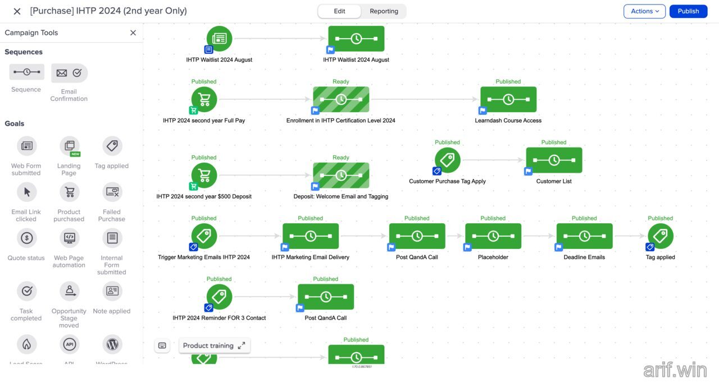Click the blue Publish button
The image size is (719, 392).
(688, 11)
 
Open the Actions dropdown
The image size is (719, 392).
(644, 11)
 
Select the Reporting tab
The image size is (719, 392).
(384, 11)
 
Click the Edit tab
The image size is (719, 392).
(339, 11)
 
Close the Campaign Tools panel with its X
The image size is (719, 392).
(133, 33)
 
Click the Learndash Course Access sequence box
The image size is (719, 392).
(508, 99)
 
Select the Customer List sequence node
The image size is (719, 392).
(554, 160)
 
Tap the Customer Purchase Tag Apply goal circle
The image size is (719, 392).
(447, 160)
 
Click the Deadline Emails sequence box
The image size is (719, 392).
(584, 236)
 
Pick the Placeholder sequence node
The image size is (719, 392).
(493, 236)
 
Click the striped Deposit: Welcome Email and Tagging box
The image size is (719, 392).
(341, 176)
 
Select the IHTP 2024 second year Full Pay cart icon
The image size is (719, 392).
(204, 99)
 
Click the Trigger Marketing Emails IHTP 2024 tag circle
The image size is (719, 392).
(204, 236)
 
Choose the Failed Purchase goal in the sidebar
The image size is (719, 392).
(112, 192)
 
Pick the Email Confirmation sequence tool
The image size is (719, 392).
(69, 73)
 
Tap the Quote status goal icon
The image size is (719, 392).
(26, 238)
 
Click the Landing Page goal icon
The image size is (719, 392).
(69, 146)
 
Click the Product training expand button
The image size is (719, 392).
(242, 345)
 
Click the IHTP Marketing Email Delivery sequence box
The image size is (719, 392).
(310, 236)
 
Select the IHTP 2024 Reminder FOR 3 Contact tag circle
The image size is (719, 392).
(219, 297)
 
